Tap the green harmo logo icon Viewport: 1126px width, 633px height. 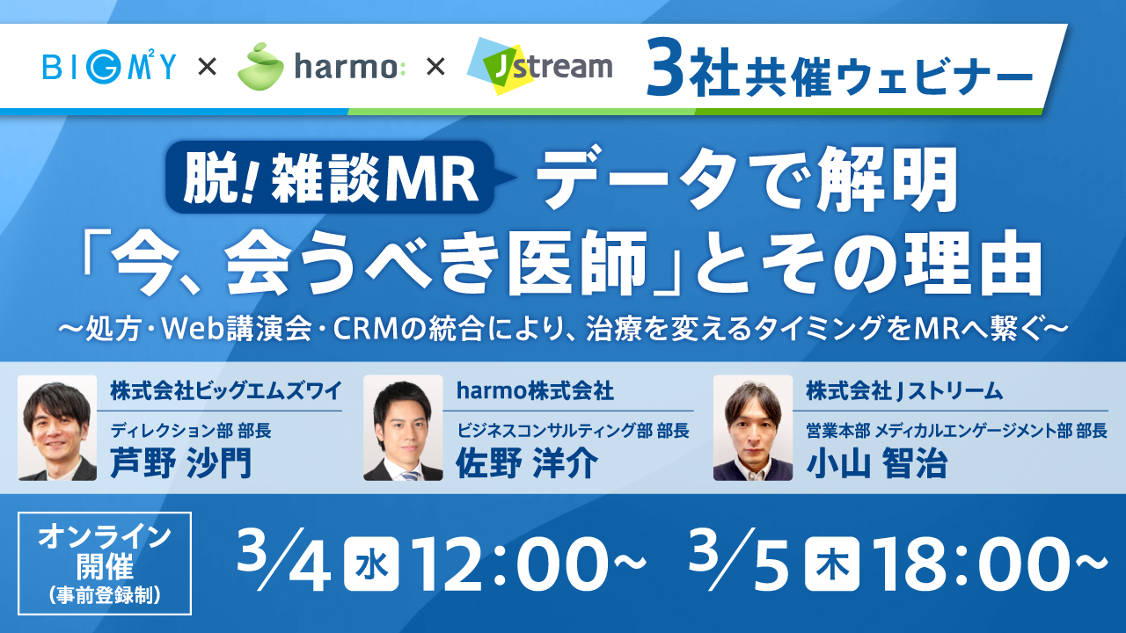(x=260, y=67)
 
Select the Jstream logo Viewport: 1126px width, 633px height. (x=540, y=66)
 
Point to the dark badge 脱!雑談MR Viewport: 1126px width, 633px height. (x=330, y=178)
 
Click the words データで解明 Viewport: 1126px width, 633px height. (x=748, y=178)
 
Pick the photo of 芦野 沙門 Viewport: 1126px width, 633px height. (x=57, y=428)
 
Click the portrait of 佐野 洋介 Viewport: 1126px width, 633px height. (x=403, y=428)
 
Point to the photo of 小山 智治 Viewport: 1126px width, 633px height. (x=753, y=428)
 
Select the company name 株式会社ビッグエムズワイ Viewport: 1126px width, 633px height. (x=226, y=391)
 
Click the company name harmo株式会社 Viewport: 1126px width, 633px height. (x=535, y=391)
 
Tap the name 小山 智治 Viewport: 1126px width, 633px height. (x=877, y=462)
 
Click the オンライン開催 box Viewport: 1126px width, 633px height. (x=105, y=564)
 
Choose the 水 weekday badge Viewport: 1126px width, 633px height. (x=371, y=564)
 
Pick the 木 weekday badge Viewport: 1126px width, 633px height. (x=832, y=564)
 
